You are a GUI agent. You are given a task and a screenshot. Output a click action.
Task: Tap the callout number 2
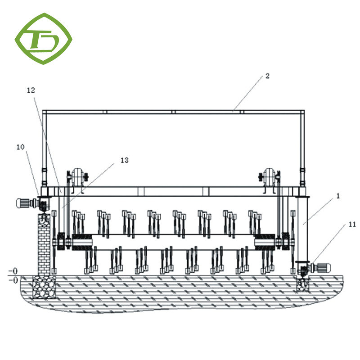click(x=267, y=76)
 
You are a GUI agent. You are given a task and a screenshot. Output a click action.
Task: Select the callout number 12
click(x=31, y=90)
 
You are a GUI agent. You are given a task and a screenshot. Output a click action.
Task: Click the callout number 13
click(x=124, y=160)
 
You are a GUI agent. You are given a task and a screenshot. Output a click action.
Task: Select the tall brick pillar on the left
click(x=44, y=245)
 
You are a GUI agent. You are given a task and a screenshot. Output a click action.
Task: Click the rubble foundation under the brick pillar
click(x=44, y=287)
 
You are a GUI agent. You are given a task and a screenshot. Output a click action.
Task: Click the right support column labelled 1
click(x=301, y=229)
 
